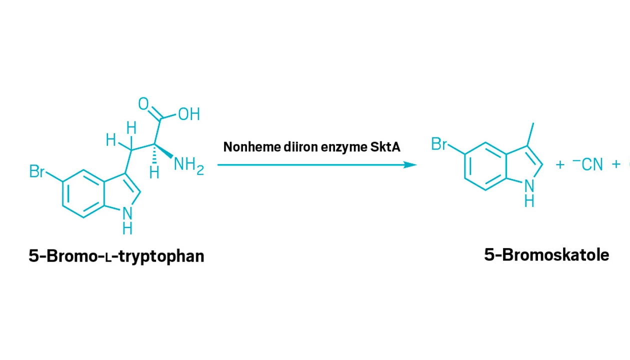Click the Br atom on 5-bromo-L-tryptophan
click(x=36, y=172)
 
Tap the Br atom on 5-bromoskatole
click(x=439, y=144)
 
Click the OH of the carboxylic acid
click(x=189, y=114)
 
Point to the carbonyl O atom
click(x=143, y=104)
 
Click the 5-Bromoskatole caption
click(x=546, y=255)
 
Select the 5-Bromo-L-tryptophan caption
click(x=116, y=256)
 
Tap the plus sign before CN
click(x=560, y=164)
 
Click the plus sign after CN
click(x=616, y=164)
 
